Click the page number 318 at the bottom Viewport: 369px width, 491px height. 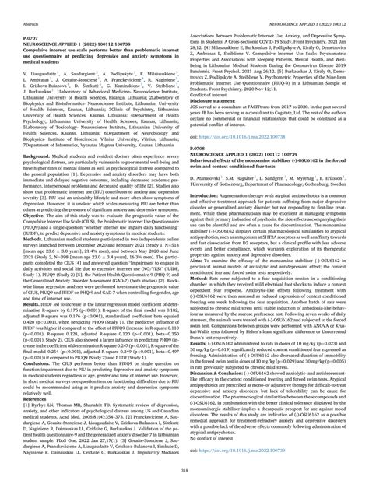(x=184, y=482)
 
